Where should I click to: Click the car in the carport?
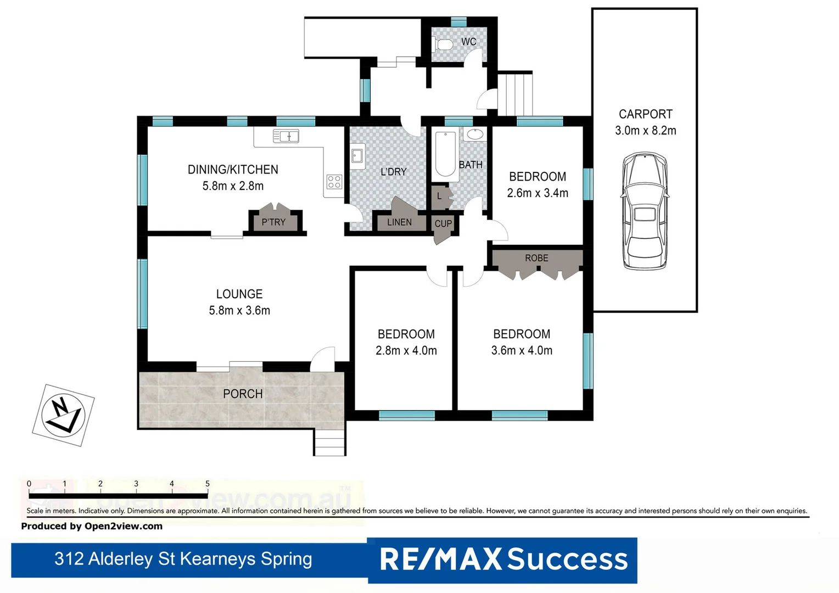pos(644,211)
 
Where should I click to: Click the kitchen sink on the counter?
pos(286,136)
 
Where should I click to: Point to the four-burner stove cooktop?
pos(334,182)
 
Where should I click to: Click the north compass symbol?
pos(63,415)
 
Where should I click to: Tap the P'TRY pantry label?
pos(273,222)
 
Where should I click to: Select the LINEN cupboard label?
pos(399,222)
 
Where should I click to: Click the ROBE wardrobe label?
pos(536,258)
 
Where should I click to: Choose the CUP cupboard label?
pos(443,223)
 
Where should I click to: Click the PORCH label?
pos(243,394)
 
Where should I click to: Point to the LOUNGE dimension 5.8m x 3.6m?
pos(239,310)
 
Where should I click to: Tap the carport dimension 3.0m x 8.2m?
pos(645,131)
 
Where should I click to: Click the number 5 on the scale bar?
pos(208,484)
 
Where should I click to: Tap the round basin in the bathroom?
pos(474,134)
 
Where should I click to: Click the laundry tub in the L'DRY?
pos(357,156)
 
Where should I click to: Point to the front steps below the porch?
pos(329,443)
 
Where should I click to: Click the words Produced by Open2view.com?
pos(92,526)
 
